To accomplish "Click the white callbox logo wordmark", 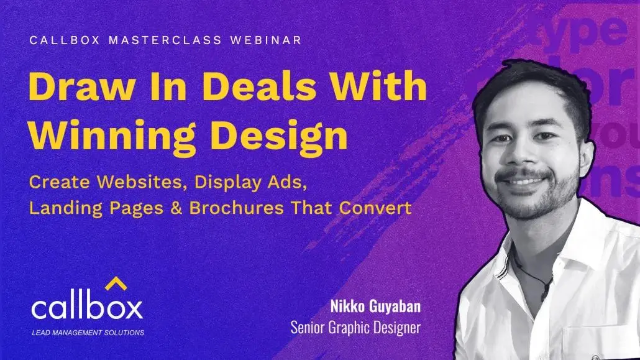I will [87, 308].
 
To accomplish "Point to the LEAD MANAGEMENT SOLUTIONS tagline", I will [88, 333].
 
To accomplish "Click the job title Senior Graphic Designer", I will [355, 327].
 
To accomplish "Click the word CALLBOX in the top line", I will [58, 40].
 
